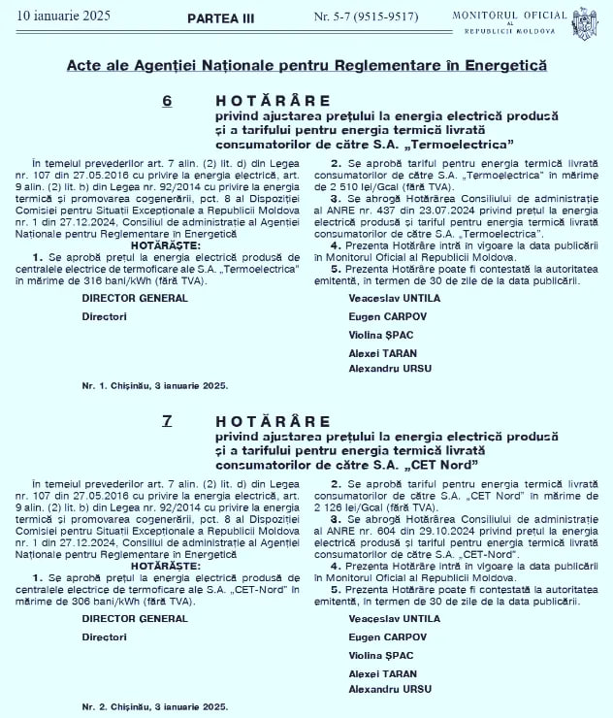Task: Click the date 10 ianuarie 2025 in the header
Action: click(57, 16)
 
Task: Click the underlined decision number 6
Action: click(167, 100)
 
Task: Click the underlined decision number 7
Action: click(167, 420)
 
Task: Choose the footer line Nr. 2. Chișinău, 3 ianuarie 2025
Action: click(155, 705)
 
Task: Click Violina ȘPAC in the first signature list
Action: click(376, 334)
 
